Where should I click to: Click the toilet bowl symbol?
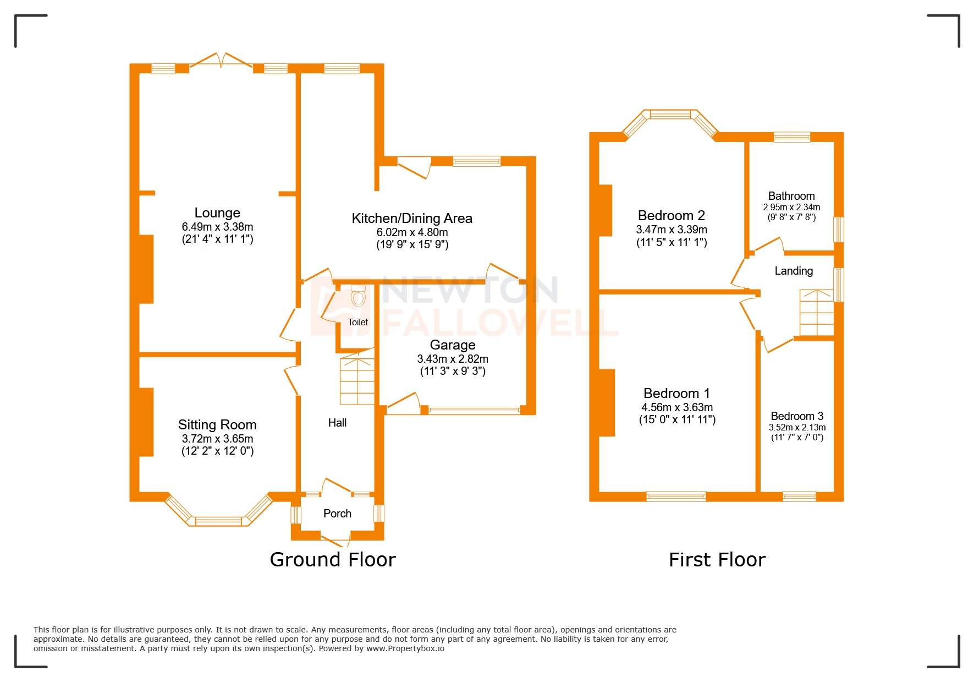coord(358,297)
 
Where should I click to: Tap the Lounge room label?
coord(217,213)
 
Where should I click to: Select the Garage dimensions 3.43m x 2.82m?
coord(453,359)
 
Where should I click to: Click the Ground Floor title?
coord(333,560)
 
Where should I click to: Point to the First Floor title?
coord(717,560)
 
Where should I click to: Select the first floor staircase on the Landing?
coord(817,313)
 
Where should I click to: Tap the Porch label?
coord(337,514)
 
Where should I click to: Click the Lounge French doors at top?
coord(222,61)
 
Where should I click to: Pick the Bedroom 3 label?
coord(797,416)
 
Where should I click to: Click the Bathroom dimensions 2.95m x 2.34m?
coord(791,208)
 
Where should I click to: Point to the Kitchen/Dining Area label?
coord(412,219)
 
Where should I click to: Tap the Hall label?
coord(337,423)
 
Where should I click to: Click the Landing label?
coord(794,271)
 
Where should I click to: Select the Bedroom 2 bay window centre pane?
coord(670,114)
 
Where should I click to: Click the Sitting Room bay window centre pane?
coord(218,521)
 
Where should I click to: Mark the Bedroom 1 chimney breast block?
coord(607,402)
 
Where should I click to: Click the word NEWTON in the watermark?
coord(469,290)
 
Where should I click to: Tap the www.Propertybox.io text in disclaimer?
coord(405,648)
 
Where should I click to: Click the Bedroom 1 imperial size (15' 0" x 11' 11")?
coord(677,420)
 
